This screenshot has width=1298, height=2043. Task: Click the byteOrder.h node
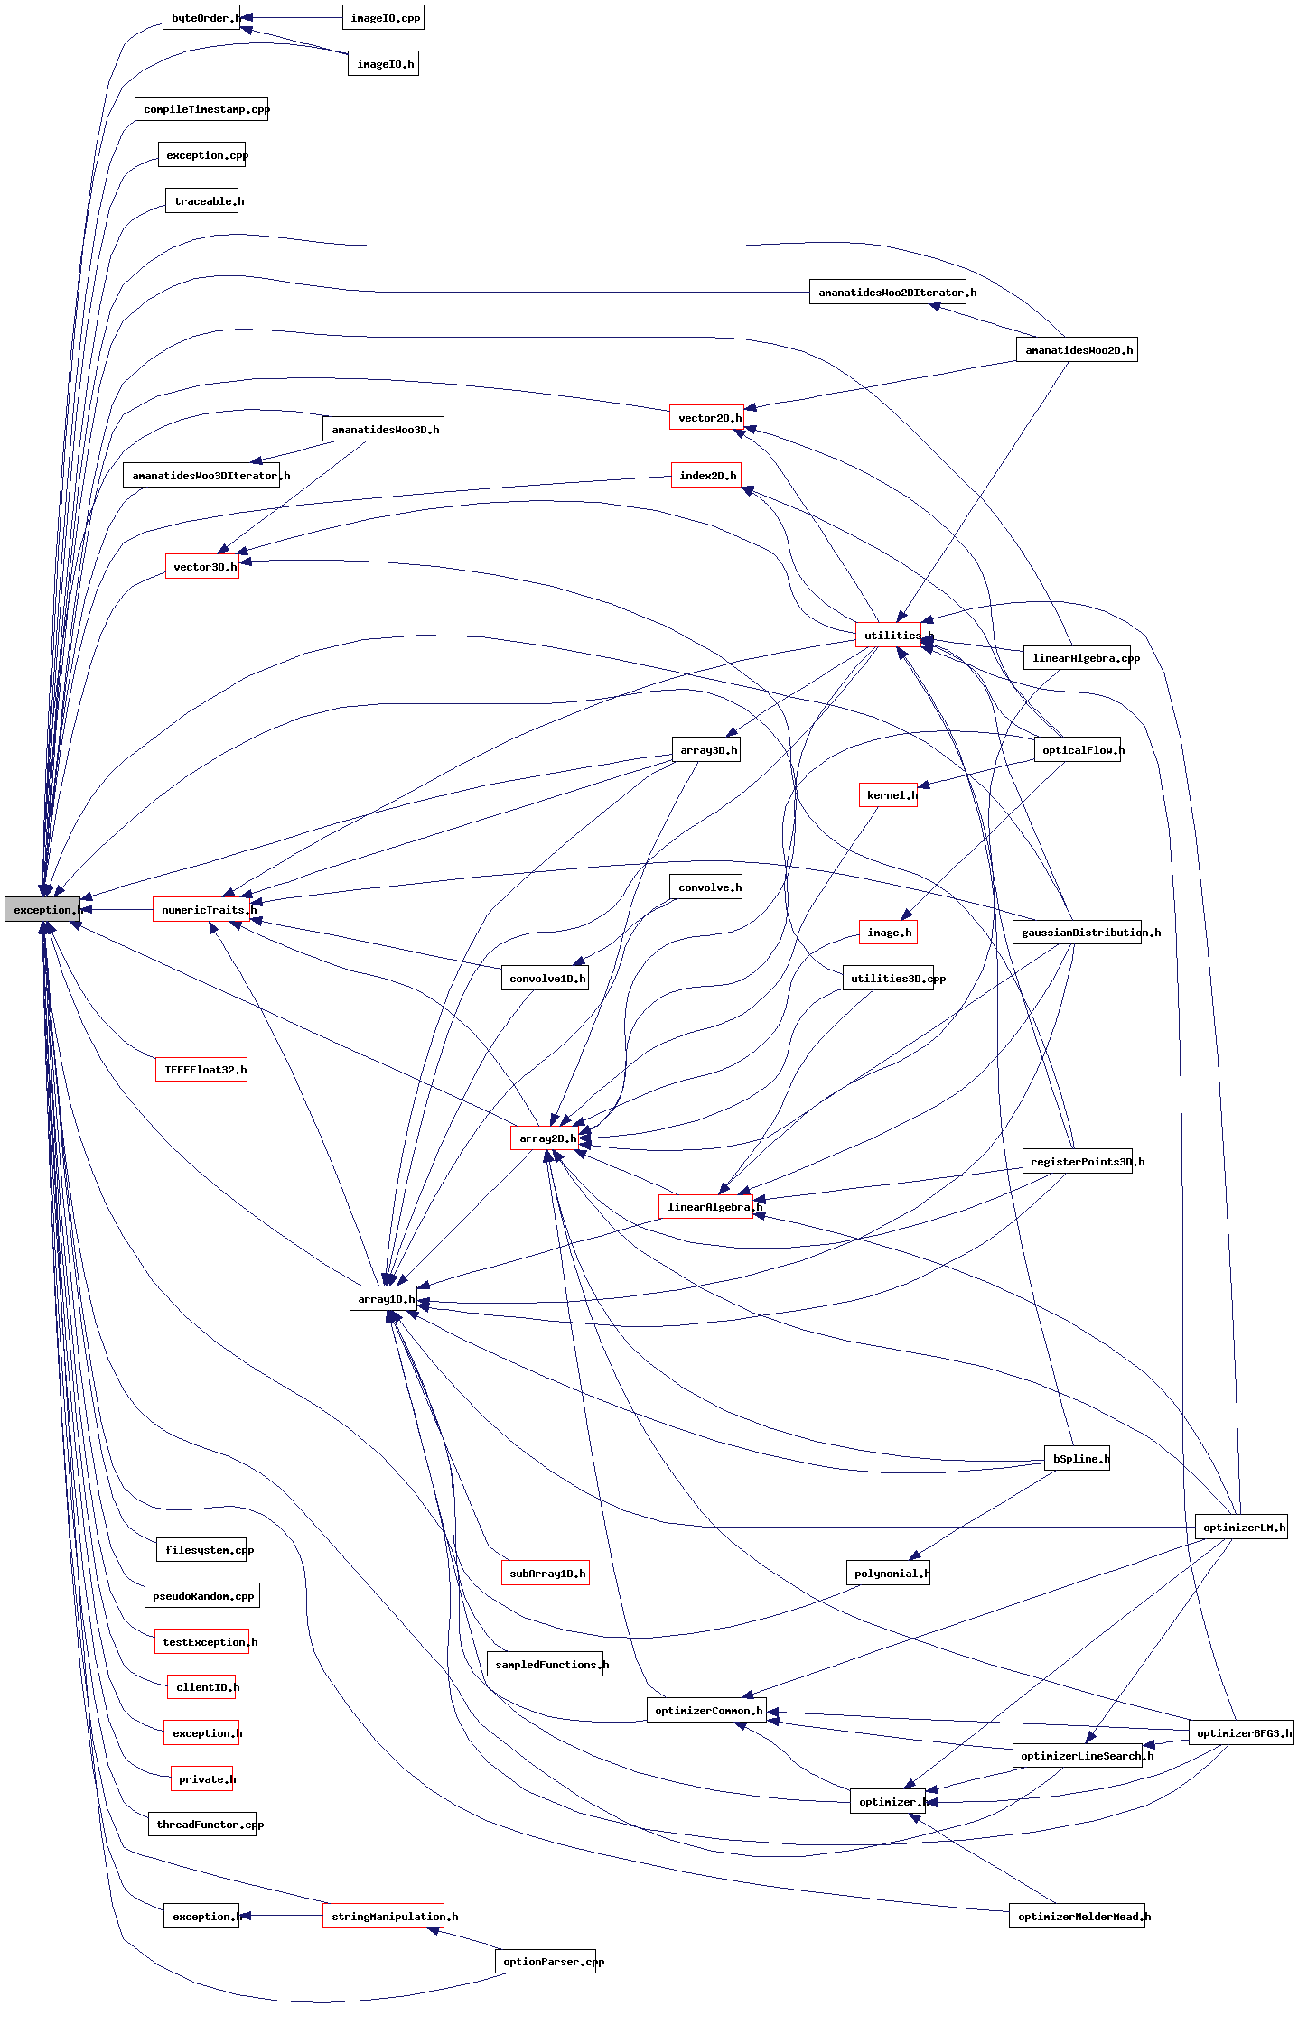pos(201,18)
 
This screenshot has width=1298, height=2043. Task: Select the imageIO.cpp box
pos(383,18)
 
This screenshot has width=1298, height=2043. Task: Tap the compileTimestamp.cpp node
pos(201,109)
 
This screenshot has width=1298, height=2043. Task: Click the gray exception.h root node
pos(42,910)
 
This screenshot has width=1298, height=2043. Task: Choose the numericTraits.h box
pos(201,910)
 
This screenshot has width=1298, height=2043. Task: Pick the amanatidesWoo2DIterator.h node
pos(888,293)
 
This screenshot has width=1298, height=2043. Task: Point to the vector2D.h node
pos(706,418)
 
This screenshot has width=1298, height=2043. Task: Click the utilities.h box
pos(889,636)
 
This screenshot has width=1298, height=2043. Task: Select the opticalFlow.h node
pos(1078,750)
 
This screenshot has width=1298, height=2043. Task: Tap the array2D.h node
pos(545,1138)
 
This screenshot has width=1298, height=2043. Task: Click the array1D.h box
pos(384,1299)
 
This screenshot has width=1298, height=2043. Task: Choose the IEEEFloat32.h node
pos(201,1070)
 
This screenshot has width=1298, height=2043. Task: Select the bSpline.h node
pos(1077,1459)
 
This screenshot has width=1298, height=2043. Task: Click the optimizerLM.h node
pos(1241,1528)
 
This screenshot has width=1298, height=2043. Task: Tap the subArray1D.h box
pos(546,1574)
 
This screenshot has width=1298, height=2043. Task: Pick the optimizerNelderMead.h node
pos(1077,1917)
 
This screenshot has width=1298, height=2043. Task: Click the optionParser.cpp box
pos(546,1962)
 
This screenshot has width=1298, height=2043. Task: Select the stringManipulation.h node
pos(383,1917)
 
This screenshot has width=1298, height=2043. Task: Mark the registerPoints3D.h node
pos(1078,1162)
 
